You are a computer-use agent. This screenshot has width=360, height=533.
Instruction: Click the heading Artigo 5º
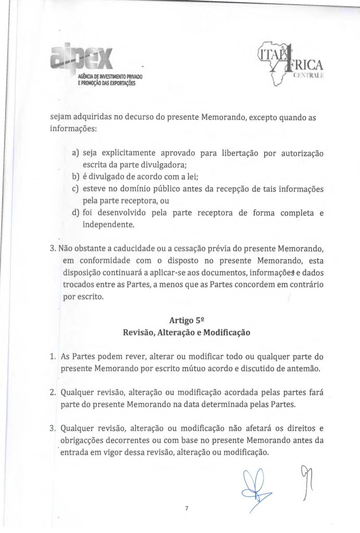click(180, 321)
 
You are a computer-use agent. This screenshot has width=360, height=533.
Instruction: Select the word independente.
click(108, 225)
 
